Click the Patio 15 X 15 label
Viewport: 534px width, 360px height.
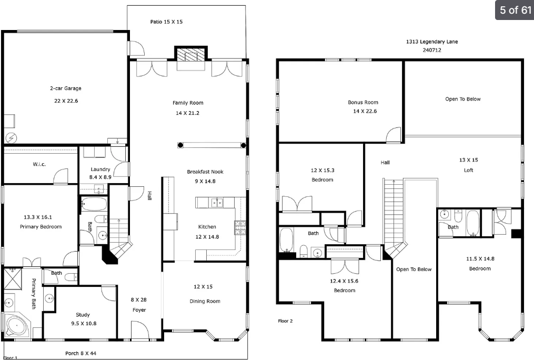(166, 22)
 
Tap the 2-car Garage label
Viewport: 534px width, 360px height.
(66, 88)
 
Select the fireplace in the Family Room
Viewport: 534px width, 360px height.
(190, 55)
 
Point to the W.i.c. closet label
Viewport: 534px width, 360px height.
(39, 164)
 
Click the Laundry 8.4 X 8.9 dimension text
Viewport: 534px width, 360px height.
(100, 177)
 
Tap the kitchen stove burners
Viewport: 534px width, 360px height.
(240, 228)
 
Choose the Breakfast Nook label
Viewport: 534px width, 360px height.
(205, 172)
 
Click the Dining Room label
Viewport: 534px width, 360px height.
(205, 301)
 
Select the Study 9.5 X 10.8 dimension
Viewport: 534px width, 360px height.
(84, 324)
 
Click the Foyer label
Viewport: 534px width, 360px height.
(139, 310)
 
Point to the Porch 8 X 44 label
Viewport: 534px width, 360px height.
(80, 353)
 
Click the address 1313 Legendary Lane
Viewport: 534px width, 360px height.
(432, 42)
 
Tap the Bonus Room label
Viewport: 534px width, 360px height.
(363, 102)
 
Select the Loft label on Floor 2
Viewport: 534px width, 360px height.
(469, 171)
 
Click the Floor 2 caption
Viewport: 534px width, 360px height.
(285, 321)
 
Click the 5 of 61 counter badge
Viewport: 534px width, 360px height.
(515, 10)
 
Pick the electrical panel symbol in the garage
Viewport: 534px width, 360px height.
(11, 138)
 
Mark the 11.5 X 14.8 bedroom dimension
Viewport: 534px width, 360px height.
(480, 259)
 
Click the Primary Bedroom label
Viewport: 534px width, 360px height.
(41, 227)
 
